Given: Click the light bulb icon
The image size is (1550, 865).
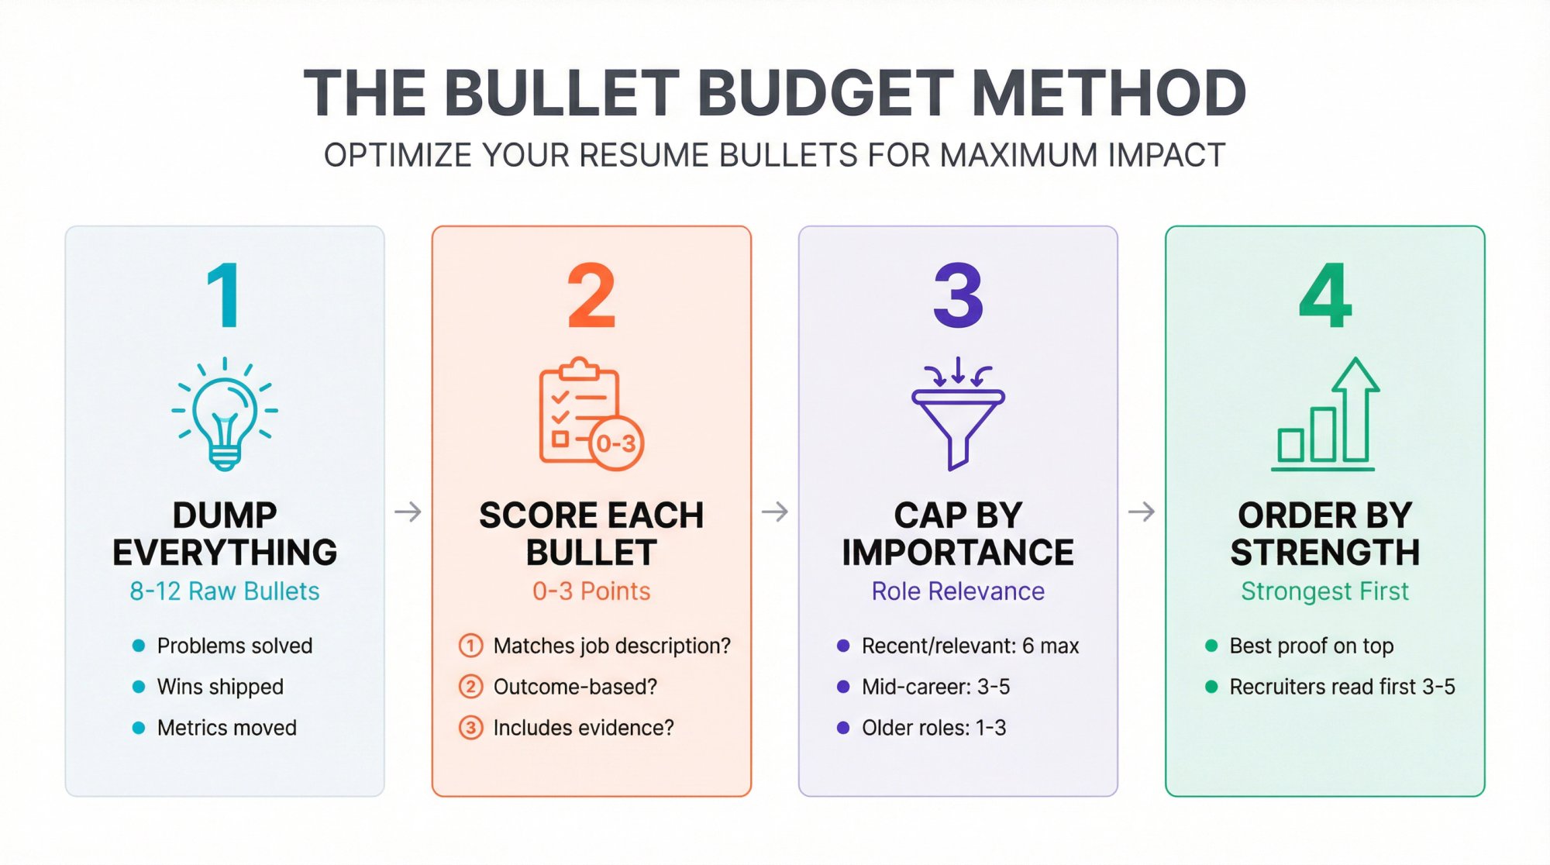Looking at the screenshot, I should [225, 415].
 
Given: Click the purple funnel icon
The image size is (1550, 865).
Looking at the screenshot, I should [958, 415].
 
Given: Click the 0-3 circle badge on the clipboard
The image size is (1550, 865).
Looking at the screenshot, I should [616, 443].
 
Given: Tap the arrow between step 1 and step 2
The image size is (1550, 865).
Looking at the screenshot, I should [408, 512].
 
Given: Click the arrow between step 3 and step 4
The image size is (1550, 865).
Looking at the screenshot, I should [1141, 512].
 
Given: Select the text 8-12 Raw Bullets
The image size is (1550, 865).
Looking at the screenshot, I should [224, 591].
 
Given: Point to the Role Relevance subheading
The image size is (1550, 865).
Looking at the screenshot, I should [958, 591].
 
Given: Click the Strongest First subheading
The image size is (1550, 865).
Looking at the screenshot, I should [1324, 591].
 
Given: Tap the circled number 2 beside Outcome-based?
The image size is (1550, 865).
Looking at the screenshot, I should [470, 687].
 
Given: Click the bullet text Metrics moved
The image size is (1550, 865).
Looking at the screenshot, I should [226, 728].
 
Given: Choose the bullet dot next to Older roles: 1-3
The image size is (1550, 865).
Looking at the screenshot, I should [843, 728].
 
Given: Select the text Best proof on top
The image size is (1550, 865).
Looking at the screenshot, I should [1311, 646].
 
